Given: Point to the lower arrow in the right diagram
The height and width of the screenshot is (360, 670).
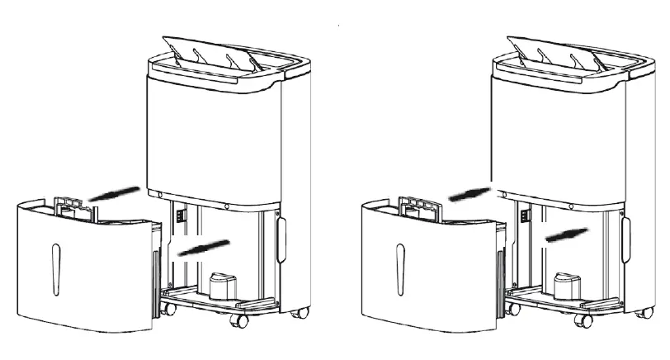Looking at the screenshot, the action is point(566,234).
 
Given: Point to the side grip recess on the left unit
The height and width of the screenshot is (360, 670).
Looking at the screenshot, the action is point(281,239).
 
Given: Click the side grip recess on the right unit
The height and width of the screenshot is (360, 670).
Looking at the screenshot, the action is point(626,239).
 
